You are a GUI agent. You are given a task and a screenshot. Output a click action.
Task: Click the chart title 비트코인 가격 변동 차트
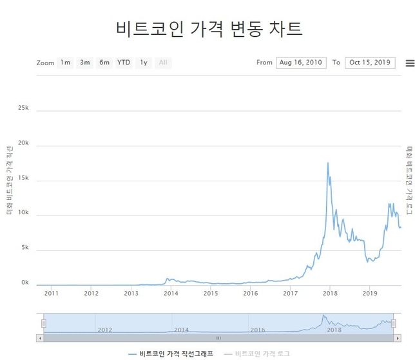(x=209, y=28)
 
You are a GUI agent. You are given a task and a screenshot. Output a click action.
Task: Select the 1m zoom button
(x=65, y=63)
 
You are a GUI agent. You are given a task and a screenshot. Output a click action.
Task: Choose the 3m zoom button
(x=85, y=63)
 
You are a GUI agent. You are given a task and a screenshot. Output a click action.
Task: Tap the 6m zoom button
(x=104, y=63)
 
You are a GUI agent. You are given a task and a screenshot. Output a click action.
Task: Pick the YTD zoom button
(x=124, y=63)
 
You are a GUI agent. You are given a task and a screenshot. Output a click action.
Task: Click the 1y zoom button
(x=144, y=63)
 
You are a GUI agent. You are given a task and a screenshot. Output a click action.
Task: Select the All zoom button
(x=163, y=63)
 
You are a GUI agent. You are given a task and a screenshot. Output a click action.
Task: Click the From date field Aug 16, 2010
(x=301, y=63)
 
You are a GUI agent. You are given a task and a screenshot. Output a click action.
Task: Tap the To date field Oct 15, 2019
(x=370, y=63)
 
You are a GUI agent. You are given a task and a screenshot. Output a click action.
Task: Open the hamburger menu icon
(x=410, y=63)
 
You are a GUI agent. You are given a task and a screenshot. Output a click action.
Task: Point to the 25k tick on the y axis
(x=23, y=108)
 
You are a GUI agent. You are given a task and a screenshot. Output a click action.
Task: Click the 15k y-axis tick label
(x=23, y=178)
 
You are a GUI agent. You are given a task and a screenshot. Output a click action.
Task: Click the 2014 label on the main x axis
(x=171, y=294)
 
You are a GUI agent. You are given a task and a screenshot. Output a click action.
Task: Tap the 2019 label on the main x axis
(x=370, y=294)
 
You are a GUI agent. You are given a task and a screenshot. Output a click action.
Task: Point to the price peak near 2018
(x=328, y=163)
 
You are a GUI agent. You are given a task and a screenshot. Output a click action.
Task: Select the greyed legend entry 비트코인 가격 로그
(x=257, y=354)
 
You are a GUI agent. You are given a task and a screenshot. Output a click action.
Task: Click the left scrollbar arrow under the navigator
(x=40, y=337)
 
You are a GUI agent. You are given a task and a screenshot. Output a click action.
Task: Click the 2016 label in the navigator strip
(x=258, y=330)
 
